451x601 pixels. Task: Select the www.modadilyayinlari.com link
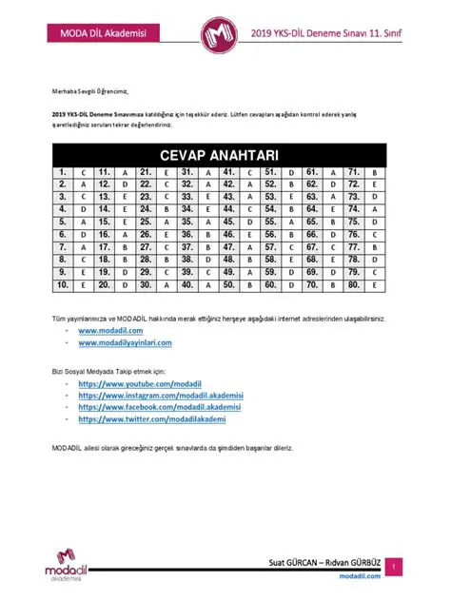pyautogui.click(x=125, y=341)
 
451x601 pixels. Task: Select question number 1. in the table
pyautogui.click(x=62, y=172)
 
